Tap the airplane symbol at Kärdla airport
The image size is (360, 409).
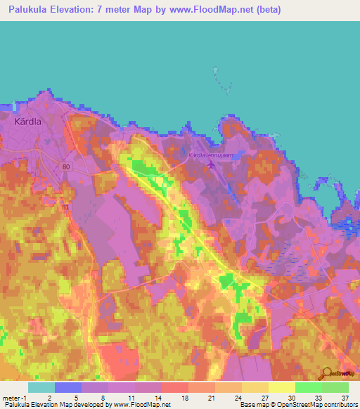pos(211,165)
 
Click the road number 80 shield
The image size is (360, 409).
pos(65,167)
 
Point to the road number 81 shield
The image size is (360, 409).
pos(65,207)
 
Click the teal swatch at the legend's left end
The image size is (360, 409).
pos(41,387)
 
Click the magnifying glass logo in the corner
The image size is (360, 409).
pos(325,375)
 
